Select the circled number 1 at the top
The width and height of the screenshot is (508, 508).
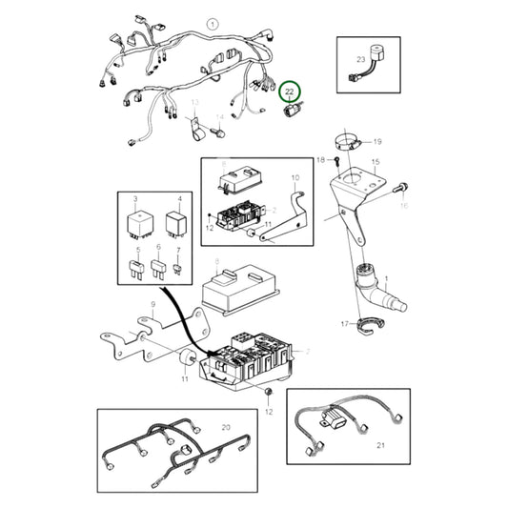point(213,23)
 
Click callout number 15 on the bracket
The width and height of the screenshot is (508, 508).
point(376,163)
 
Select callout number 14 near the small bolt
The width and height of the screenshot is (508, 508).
point(217,118)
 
